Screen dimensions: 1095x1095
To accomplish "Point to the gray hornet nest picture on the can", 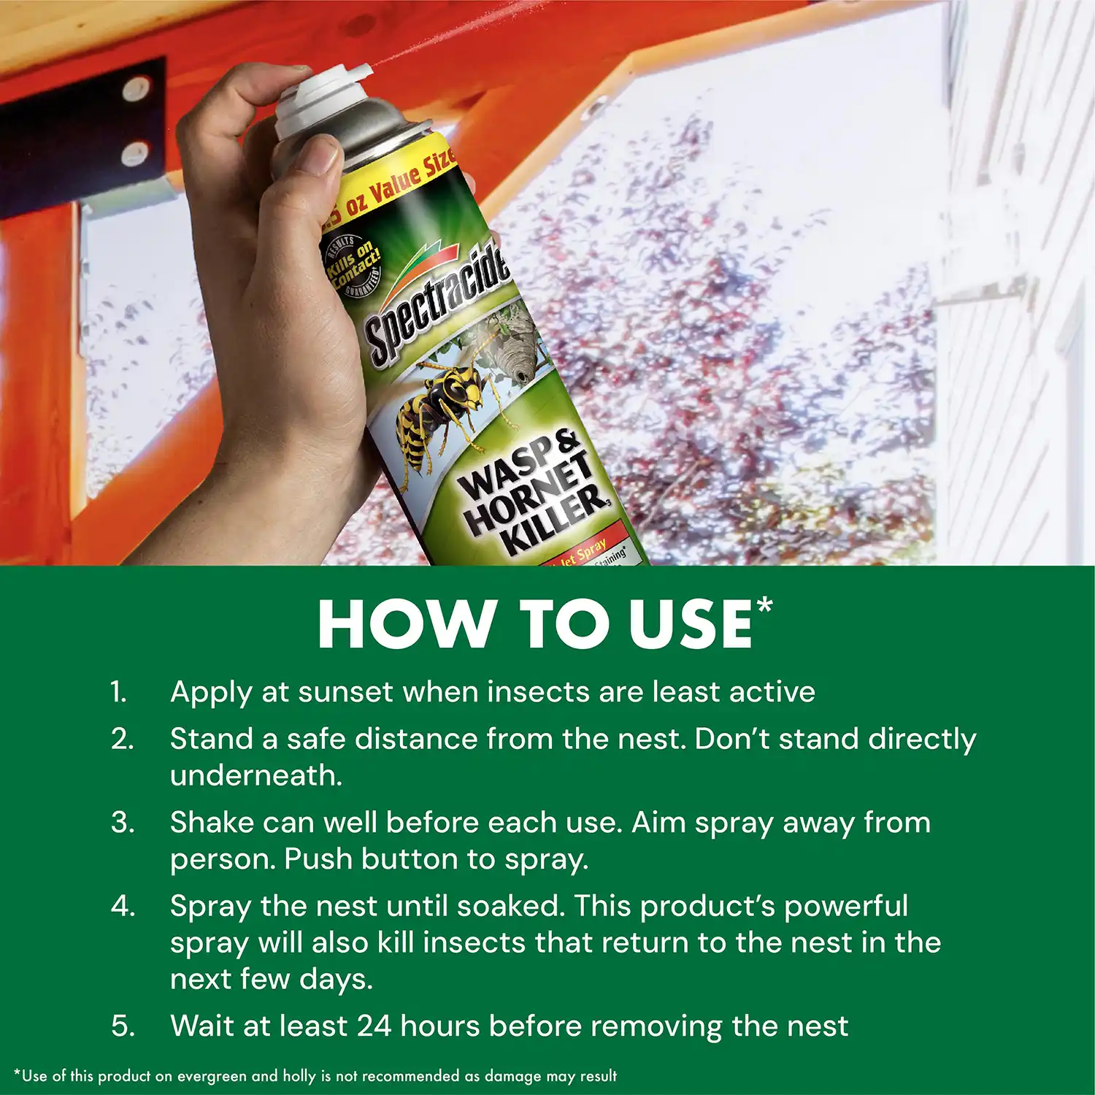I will tap(515, 347).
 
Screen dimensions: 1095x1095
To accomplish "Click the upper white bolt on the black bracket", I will tap(136, 90).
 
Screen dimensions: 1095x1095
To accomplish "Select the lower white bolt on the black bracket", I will tap(134, 154).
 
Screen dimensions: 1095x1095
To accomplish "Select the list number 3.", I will tap(122, 823).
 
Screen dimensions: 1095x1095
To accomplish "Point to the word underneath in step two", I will tap(255, 775).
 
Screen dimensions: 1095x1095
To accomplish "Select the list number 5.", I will tap(122, 1026).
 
